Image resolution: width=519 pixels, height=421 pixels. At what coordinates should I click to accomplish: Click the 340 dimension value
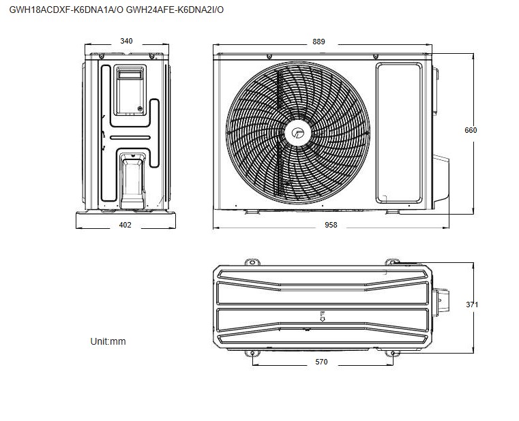(x=125, y=41)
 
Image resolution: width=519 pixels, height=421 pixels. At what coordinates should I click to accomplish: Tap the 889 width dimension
(x=318, y=42)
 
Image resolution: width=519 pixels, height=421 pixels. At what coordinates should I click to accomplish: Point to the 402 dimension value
(x=125, y=225)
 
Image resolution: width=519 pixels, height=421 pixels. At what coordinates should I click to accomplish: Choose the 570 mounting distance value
(x=321, y=362)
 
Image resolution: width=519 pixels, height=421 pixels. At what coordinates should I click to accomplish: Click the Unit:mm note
(x=108, y=341)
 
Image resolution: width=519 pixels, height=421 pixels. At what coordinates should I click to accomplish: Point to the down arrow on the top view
(x=322, y=316)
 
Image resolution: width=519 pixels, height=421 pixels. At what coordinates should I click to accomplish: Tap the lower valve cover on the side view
(x=132, y=178)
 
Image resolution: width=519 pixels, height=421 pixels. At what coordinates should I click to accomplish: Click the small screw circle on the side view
(x=140, y=108)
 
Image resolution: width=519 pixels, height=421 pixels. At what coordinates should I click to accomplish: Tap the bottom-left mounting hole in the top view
(x=252, y=354)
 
